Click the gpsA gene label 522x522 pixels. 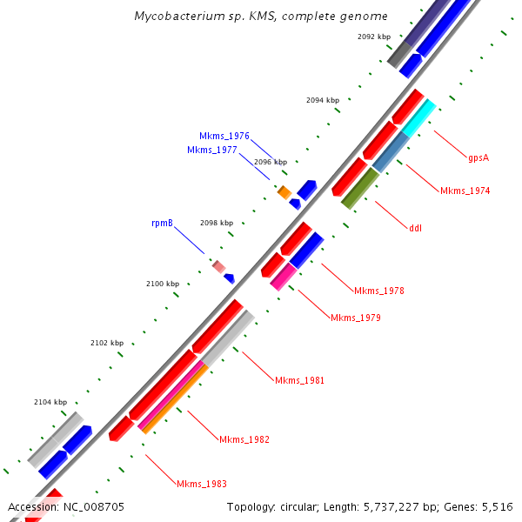pyautogui.click(x=478, y=157)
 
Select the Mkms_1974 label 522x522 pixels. pyautogui.click(x=465, y=191)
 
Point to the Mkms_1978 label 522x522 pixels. pyautogui.click(x=378, y=291)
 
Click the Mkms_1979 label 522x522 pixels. pyautogui.click(x=355, y=318)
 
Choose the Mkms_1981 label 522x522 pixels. pyautogui.click(x=299, y=381)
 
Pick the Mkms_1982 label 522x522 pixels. pyautogui.click(x=244, y=439)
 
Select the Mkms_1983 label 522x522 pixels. pyautogui.click(x=201, y=484)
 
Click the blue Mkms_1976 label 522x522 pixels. pyautogui.click(x=224, y=137)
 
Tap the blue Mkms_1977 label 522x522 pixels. pyautogui.click(x=212, y=150)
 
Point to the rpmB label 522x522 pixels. pyautogui.click(x=163, y=224)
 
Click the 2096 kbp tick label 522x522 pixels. pyautogui.click(x=271, y=162)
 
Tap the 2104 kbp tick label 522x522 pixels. pyautogui.click(x=50, y=402)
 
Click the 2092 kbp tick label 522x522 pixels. pyautogui.click(x=374, y=37)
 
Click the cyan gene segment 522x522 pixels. pyautogui.click(x=418, y=117)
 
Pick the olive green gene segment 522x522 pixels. pyautogui.click(x=360, y=188)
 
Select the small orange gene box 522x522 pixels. pyautogui.click(x=284, y=191)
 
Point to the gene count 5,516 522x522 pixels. pyautogui.click(x=497, y=506)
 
